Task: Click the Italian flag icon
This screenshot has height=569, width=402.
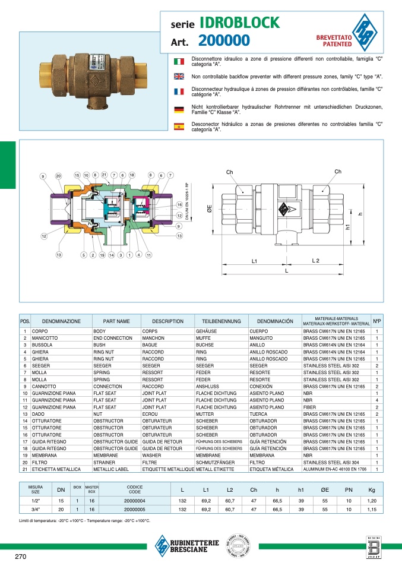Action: point(178,61)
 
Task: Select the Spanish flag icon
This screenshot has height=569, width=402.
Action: point(178,127)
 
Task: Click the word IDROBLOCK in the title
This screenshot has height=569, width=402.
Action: point(239,23)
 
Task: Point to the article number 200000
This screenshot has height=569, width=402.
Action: point(224,41)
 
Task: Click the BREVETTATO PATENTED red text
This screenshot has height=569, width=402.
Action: point(334,40)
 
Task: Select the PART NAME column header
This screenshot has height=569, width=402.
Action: point(116,321)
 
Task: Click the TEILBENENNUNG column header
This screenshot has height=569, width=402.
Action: point(221,321)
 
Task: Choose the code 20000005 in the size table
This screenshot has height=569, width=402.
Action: point(135,510)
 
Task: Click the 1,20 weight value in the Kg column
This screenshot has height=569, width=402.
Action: point(372,501)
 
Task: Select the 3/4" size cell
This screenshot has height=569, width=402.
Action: point(35,510)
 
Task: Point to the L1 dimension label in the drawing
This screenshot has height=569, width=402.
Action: point(254,261)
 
